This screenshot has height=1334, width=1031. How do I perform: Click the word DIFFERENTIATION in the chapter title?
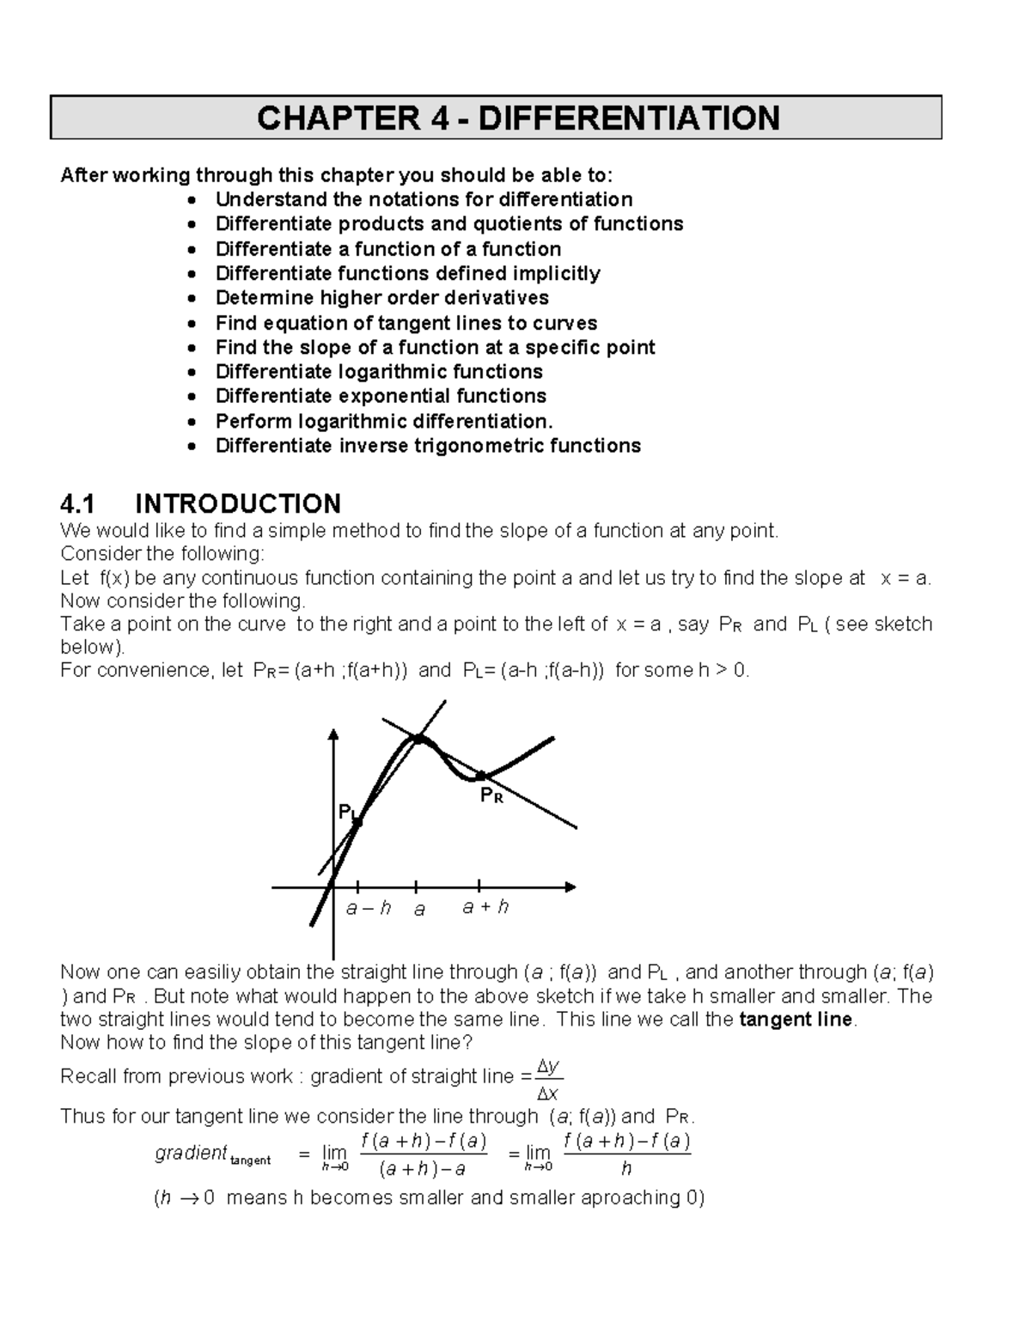[x=629, y=118]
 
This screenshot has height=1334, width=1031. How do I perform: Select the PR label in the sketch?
[x=491, y=796]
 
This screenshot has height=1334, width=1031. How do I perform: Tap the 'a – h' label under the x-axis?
[x=368, y=907]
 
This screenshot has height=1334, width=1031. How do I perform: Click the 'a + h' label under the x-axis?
[x=485, y=906]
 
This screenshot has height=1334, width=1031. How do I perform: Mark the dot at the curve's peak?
[x=418, y=738]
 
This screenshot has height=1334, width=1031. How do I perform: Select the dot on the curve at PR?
[x=481, y=777]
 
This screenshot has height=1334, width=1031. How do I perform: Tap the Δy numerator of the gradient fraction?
[x=547, y=1066]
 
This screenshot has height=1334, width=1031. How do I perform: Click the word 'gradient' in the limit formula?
[x=191, y=1153]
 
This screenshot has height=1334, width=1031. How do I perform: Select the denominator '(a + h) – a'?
[x=423, y=1169]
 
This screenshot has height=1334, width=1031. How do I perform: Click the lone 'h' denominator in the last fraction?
[x=626, y=1168]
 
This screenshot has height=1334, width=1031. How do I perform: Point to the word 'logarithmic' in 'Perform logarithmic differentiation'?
[x=353, y=421]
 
